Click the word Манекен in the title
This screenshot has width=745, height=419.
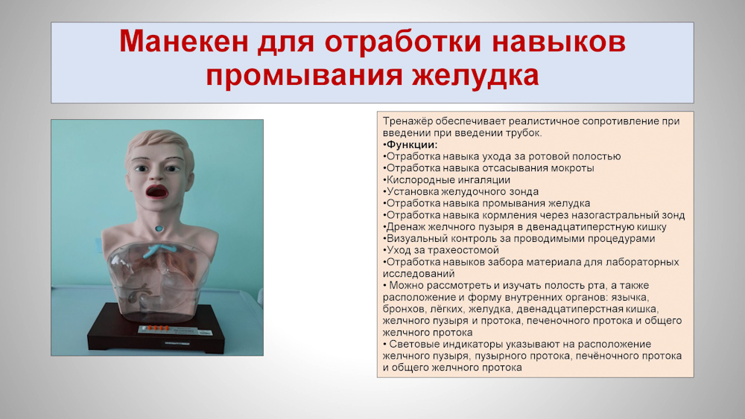click(x=183, y=41)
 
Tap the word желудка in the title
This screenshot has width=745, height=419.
click(x=475, y=75)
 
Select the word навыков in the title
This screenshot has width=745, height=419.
click(x=558, y=41)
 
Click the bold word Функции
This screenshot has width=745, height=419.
click(x=412, y=144)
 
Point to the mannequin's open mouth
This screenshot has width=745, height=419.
click(x=156, y=192)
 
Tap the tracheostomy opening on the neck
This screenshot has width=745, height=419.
click(x=159, y=228)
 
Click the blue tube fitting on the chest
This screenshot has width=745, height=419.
click(x=159, y=251)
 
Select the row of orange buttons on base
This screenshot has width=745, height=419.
click(x=158, y=327)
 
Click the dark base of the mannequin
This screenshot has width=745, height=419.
click(x=156, y=330)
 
